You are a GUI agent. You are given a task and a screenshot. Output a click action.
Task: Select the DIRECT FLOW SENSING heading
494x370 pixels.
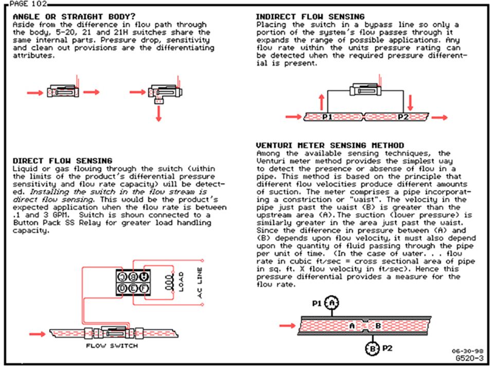(62, 161)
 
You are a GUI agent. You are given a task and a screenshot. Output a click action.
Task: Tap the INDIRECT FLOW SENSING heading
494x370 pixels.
(310, 16)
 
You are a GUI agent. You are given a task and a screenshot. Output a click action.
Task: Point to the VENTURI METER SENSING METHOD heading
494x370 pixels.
(330, 145)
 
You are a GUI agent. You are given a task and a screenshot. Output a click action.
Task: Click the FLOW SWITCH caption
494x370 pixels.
(112, 346)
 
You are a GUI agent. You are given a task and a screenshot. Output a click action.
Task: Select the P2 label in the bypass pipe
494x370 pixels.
(403, 117)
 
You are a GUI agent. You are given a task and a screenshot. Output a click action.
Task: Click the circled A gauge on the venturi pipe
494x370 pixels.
(332, 303)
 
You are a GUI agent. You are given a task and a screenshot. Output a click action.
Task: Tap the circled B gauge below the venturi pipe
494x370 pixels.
(372, 348)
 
